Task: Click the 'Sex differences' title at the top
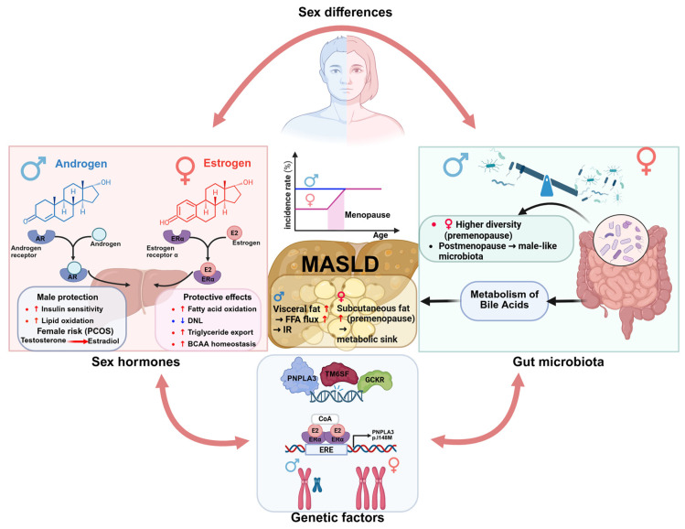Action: click(x=345, y=12)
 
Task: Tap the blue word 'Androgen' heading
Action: click(x=80, y=164)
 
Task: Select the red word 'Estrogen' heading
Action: click(x=227, y=163)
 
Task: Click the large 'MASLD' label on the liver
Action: click(x=340, y=264)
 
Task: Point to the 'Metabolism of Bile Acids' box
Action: click(x=504, y=300)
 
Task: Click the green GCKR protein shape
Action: click(x=375, y=380)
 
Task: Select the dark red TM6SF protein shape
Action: click(x=339, y=373)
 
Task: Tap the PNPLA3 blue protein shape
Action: click(x=302, y=376)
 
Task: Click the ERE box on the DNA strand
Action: click(x=326, y=449)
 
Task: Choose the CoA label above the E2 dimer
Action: click(x=325, y=419)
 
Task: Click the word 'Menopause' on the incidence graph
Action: click(x=368, y=215)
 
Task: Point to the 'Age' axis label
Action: click(x=380, y=235)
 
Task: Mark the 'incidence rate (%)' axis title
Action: click(x=287, y=194)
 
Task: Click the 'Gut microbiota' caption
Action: click(x=558, y=362)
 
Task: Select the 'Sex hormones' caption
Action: click(x=135, y=362)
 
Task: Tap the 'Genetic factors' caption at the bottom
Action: click(x=337, y=518)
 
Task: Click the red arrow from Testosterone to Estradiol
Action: click(x=78, y=341)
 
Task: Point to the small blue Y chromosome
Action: click(x=317, y=484)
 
